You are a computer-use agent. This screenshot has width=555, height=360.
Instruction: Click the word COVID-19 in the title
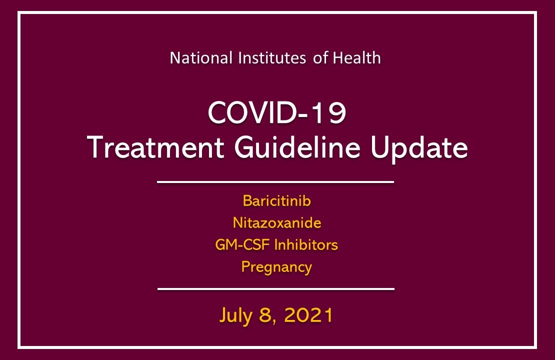click(x=276, y=114)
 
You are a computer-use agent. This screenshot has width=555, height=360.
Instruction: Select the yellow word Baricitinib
click(x=276, y=201)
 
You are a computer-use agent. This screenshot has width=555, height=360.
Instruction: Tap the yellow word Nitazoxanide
click(x=276, y=223)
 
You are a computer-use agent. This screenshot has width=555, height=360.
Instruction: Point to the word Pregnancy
click(x=276, y=267)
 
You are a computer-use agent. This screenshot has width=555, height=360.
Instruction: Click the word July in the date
click(x=237, y=315)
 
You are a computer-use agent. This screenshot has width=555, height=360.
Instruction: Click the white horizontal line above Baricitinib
click(x=275, y=182)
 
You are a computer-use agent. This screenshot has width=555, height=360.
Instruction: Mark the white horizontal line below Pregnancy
click(x=276, y=288)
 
